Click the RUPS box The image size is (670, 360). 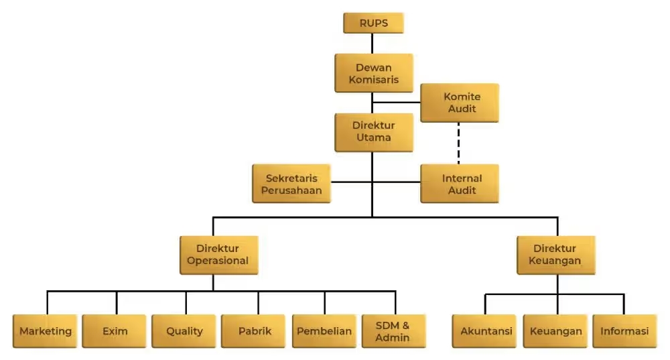373,23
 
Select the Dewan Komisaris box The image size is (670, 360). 373,73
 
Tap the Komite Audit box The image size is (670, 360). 460,103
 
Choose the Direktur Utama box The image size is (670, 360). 373,131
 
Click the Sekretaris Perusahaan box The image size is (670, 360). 291,184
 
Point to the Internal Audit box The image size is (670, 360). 460,184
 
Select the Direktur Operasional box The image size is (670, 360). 218,255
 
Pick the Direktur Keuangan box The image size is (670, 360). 556,255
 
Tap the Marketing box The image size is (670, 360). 46,331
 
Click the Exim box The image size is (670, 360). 115,331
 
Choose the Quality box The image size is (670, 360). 184,331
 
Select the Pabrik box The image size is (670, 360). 255,331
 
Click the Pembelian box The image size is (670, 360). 324,331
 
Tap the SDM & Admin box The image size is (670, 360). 393,331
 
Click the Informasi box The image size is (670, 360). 624,331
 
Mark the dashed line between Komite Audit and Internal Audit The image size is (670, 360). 459,143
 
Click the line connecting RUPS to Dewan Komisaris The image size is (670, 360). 373,44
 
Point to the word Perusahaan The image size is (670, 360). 291,190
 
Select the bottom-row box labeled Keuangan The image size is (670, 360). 555,331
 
